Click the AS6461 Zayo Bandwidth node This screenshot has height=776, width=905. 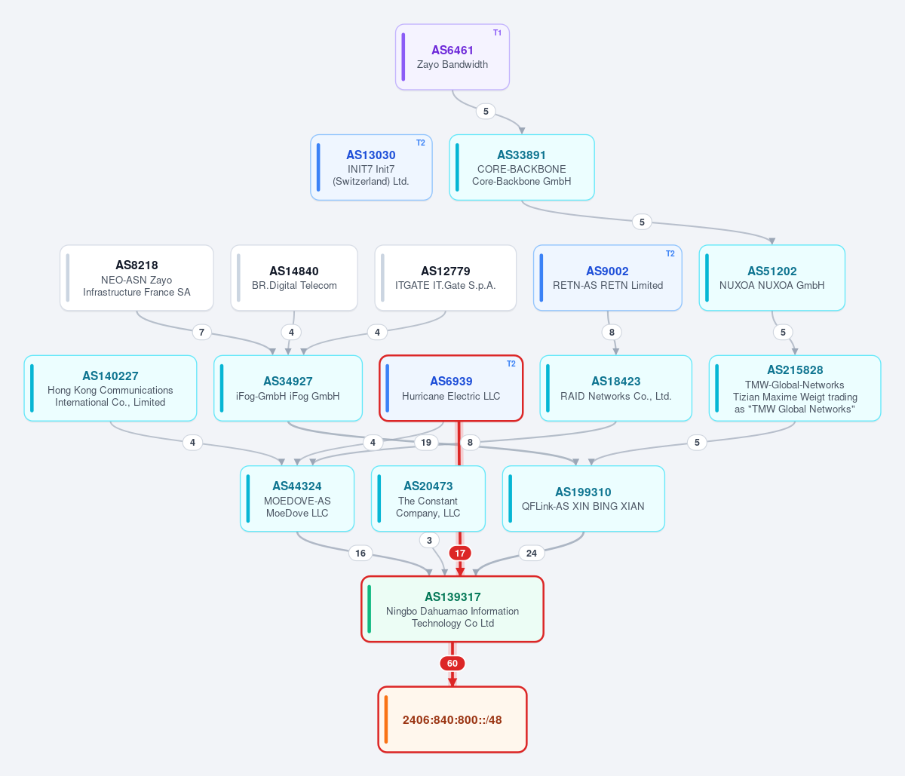pyautogui.click(x=452, y=57)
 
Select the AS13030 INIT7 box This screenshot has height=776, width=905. pyautogui.click(x=371, y=167)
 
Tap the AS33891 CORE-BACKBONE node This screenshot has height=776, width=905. pyautogui.click(x=521, y=167)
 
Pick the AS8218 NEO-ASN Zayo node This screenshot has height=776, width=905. pyautogui.click(x=137, y=278)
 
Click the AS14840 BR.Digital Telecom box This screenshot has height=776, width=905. pyautogui.click(x=294, y=278)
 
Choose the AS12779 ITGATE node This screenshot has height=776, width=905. pyautogui.click(x=445, y=278)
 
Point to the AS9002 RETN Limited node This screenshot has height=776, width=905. pyautogui.click(x=608, y=278)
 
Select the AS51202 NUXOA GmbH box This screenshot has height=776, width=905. pyautogui.click(x=772, y=278)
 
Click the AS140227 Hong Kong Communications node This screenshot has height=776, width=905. pyautogui.click(x=110, y=388)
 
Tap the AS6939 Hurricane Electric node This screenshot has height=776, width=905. pyautogui.click(x=451, y=388)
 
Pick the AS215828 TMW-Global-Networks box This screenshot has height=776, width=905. pyautogui.click(x=795, y=388)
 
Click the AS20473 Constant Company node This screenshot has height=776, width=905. pyautogui.click(x=428, y=498)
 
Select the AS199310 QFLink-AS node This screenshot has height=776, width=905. pyautogui.click(x=583, y=498)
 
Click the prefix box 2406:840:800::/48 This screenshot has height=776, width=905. pyautogui.click(x=452, y=719)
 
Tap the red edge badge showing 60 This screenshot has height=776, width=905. pyautogui.click(x=452, y=664)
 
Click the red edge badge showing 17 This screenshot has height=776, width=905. pyautogui.click(x=460, y=553)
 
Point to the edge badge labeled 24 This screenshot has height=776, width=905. pyautogui.click(x=532, y=553)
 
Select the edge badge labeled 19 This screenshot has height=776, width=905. pyautogui.click(x=426, y=443)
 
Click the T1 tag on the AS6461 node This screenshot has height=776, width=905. pyautogui.click(x=498, y=32)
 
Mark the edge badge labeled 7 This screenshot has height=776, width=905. pyautogui.click(x=201, y=332)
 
